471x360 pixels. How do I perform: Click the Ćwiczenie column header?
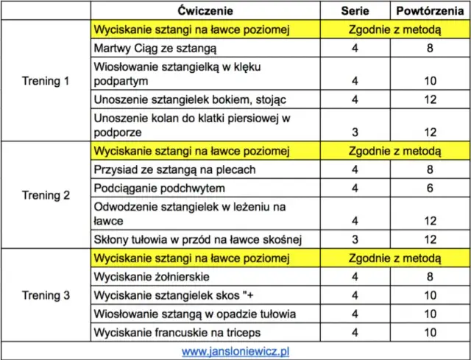tap(207, 10)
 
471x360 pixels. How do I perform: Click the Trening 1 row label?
tap(46, 81)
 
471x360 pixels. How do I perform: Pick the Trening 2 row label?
tap(46, 195)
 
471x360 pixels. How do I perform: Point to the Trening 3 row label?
tap(46, 295)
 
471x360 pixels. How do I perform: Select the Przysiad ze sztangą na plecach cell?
tap(164, 170)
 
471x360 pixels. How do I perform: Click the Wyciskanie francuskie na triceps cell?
tap(174, 332)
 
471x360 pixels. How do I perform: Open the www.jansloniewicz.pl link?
tap(235, 351)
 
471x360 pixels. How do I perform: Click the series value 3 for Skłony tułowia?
tap(355, 239)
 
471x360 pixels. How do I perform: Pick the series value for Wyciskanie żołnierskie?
tap(355, 277)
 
